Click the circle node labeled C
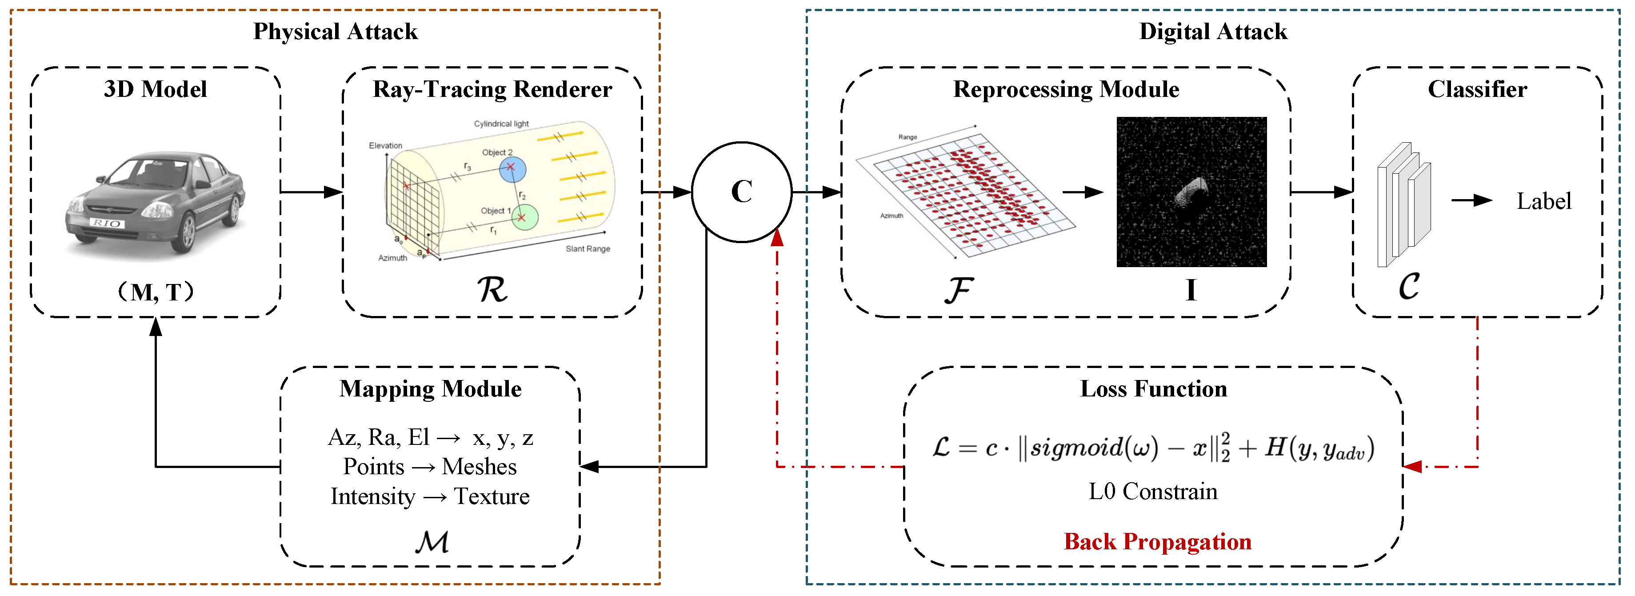[741, 192]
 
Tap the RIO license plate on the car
[107, 223]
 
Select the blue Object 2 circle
[512, 169]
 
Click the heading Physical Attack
[335, 32]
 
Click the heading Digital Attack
[1213, 32]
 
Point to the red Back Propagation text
[1157, 541]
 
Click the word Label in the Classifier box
[1543, 201]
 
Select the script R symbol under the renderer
[492, 290]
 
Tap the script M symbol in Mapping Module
[432, 541]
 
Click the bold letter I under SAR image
[1191, 290]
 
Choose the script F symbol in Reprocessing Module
[959, 290]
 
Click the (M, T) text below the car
[156, 292]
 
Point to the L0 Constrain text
[1153, 491]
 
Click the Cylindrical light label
[501, 124]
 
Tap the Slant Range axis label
[588, 249]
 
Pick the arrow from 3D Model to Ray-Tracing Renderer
[311, 192]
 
